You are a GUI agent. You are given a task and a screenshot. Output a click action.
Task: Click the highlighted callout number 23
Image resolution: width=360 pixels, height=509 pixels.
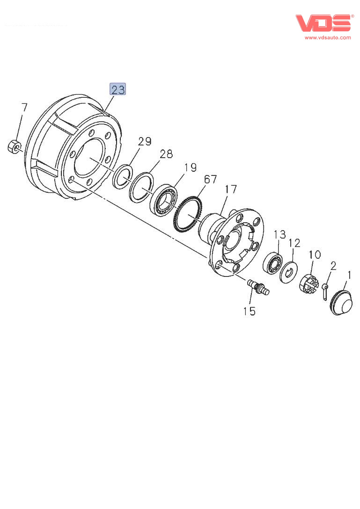point(118,89)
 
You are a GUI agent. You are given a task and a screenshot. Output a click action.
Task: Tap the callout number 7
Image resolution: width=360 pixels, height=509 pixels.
point(24,107)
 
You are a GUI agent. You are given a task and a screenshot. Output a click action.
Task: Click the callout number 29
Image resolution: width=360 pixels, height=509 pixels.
point(145,141)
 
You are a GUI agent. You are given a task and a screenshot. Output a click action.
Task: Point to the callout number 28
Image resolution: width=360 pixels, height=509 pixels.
point(166,154)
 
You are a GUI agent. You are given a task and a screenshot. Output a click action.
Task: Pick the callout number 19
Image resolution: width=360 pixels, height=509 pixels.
point(191,167)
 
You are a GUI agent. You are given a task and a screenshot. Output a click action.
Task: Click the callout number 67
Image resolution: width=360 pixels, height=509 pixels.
point(210,180)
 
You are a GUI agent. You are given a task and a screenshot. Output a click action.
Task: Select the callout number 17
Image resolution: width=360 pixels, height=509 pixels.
point(231,189)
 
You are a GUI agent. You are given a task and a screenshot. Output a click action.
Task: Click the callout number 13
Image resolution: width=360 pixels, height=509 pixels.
point(280,234)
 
